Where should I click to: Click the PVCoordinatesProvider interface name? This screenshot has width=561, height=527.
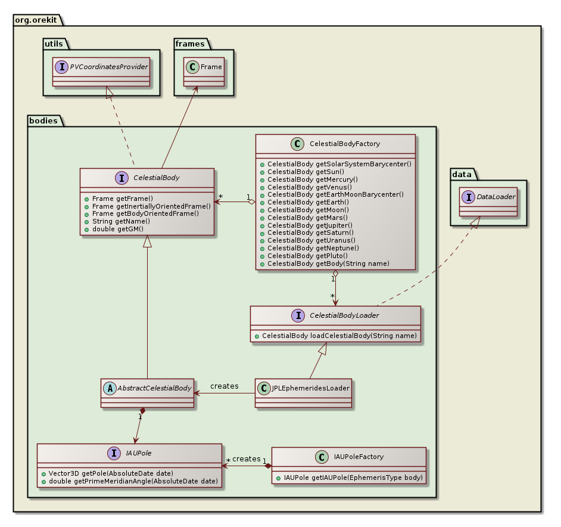click(108, 67)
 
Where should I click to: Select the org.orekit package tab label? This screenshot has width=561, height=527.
click(37, 18)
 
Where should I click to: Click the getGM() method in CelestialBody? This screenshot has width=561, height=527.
click(121, 229)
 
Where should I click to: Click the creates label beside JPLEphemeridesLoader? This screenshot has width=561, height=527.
click(225, 386)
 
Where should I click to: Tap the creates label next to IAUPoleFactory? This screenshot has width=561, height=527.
click(246, 458)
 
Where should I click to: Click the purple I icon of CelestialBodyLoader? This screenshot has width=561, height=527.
click(260, 316)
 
